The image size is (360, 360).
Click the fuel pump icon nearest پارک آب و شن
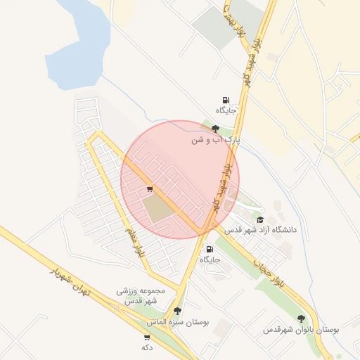[x=225, y=100]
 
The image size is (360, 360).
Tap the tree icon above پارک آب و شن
[x=214, y=128]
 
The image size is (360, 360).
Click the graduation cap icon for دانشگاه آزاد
[x=260, y=219]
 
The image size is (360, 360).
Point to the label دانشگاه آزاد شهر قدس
[x=261, y=230]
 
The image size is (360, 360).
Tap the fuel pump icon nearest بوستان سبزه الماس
[x=210, y=249]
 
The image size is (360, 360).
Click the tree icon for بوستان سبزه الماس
[x=176, y=311]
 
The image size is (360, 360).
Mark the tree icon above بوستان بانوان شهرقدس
[x=302, y=319]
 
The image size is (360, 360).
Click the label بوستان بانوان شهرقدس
[x=302, y=329]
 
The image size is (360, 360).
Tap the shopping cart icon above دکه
[x=146, y=337]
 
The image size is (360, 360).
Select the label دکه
[x=147, y=347]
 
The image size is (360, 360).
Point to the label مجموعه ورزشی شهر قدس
[x=144, y=295]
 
